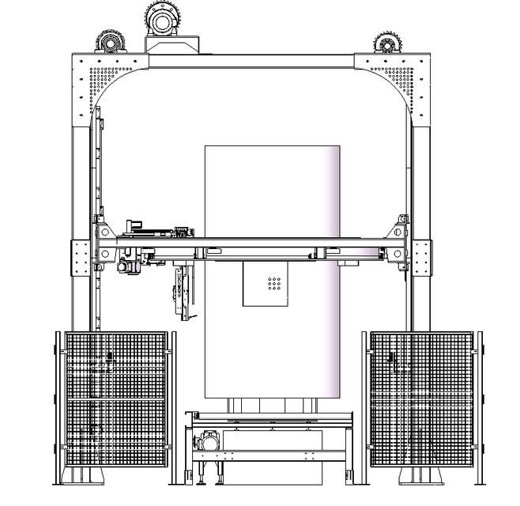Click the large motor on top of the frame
coord(163,17)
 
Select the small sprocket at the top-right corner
coord(386,43)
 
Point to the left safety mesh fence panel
coord(115,399)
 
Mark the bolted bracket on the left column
coord(81,257)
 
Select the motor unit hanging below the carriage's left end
coord(129,265)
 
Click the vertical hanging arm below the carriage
coord(183,293)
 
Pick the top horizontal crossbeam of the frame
coord(251,61)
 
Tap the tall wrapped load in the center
coord(272,198)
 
